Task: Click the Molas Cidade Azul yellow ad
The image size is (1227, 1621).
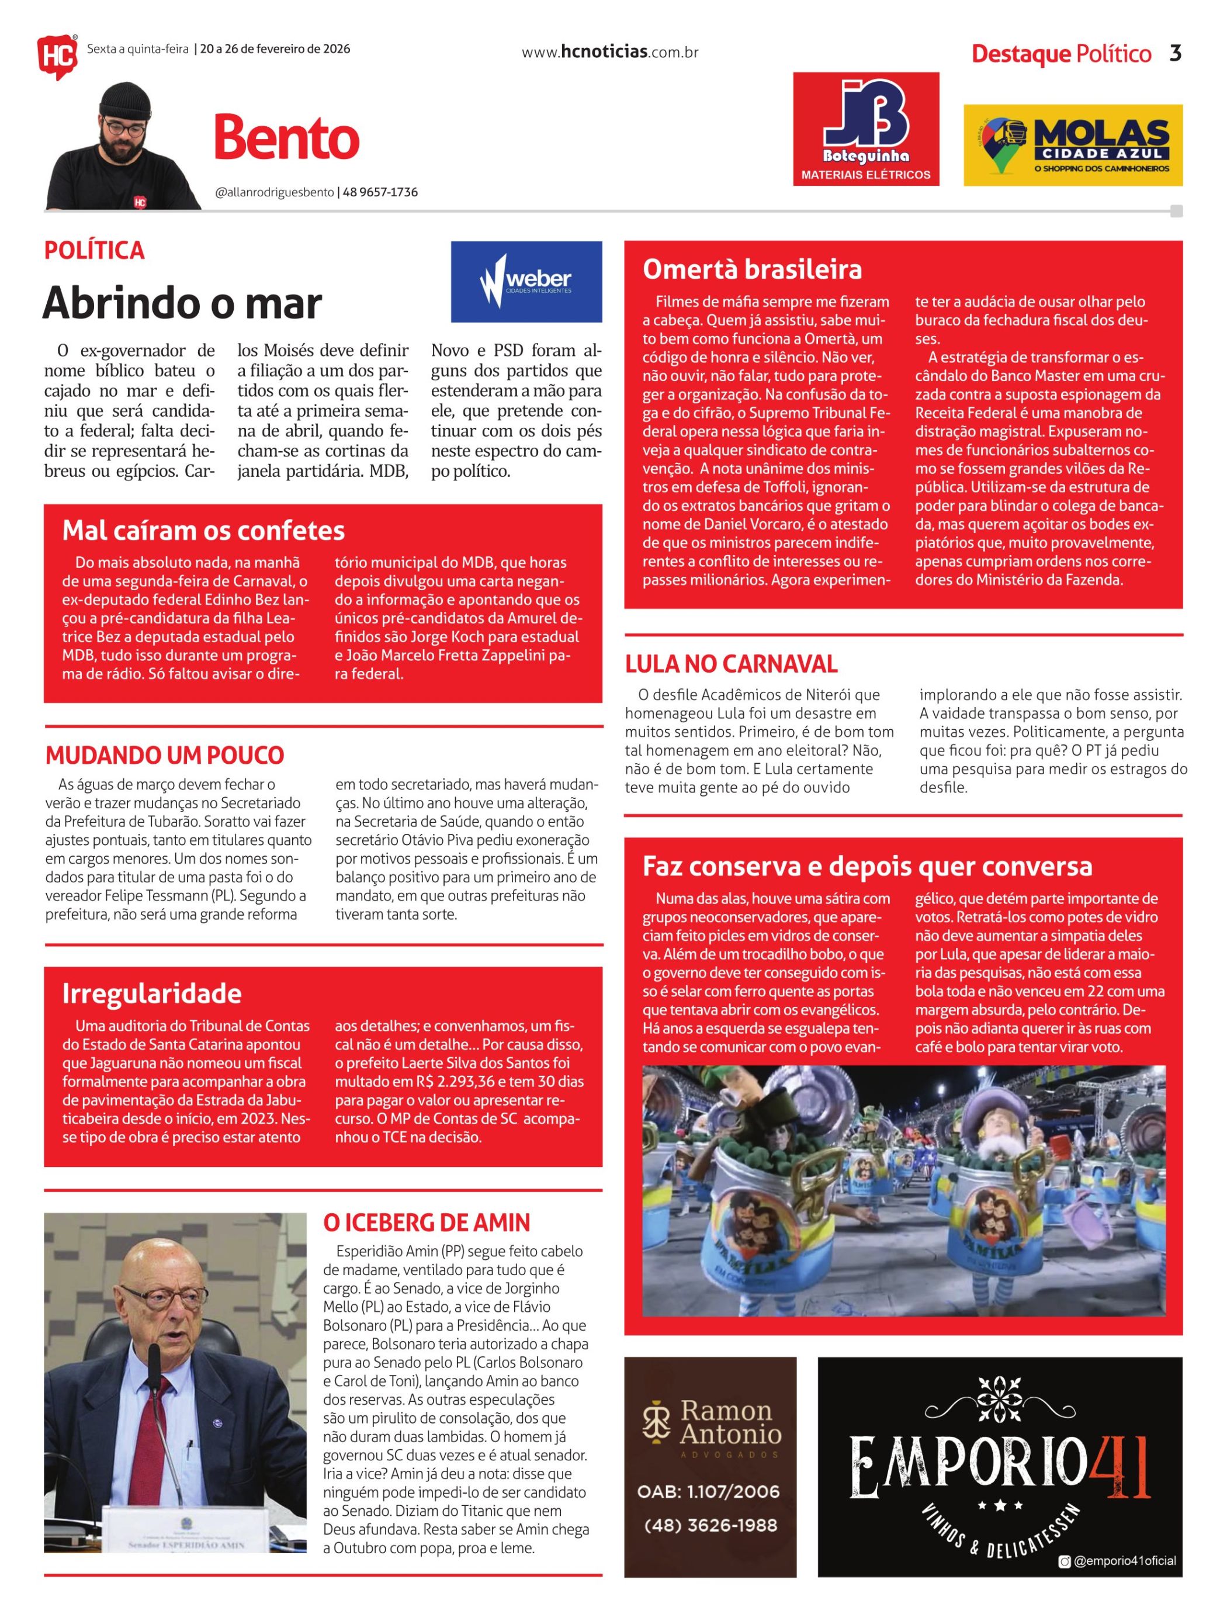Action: [x=1072, y=145]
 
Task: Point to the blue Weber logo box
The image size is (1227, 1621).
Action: [x=526, y=282]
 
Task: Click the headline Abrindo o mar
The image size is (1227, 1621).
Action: [x=182, y=303]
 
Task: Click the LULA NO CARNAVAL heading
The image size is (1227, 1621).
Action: [x=730, y=664]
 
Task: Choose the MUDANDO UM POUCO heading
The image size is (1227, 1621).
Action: [x=164, y=755]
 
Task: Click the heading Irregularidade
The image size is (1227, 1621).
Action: [x=152, y=993]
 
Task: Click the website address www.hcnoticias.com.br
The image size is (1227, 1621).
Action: [x=609, y=52]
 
